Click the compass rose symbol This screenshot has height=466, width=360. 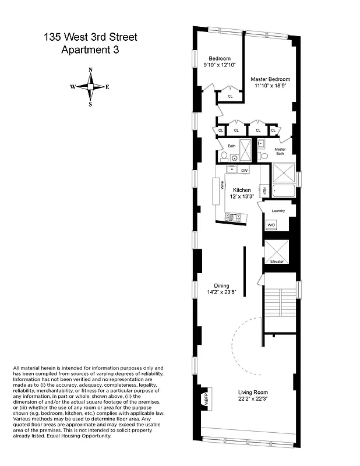coord(90,87)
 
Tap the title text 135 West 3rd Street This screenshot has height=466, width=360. coord(90,38)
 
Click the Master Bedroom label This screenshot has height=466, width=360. coord(270,79)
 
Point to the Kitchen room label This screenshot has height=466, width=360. coord(242,190)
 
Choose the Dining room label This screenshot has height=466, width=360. coord(221,285)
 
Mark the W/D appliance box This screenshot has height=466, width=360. coord(271,225)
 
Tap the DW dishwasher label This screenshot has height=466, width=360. coord(245,170)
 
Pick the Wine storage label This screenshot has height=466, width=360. coord(222,186)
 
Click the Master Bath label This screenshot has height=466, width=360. coord(280,151)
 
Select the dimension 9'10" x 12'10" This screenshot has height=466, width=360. coord(220,65)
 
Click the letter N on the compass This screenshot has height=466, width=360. coord(90,70)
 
